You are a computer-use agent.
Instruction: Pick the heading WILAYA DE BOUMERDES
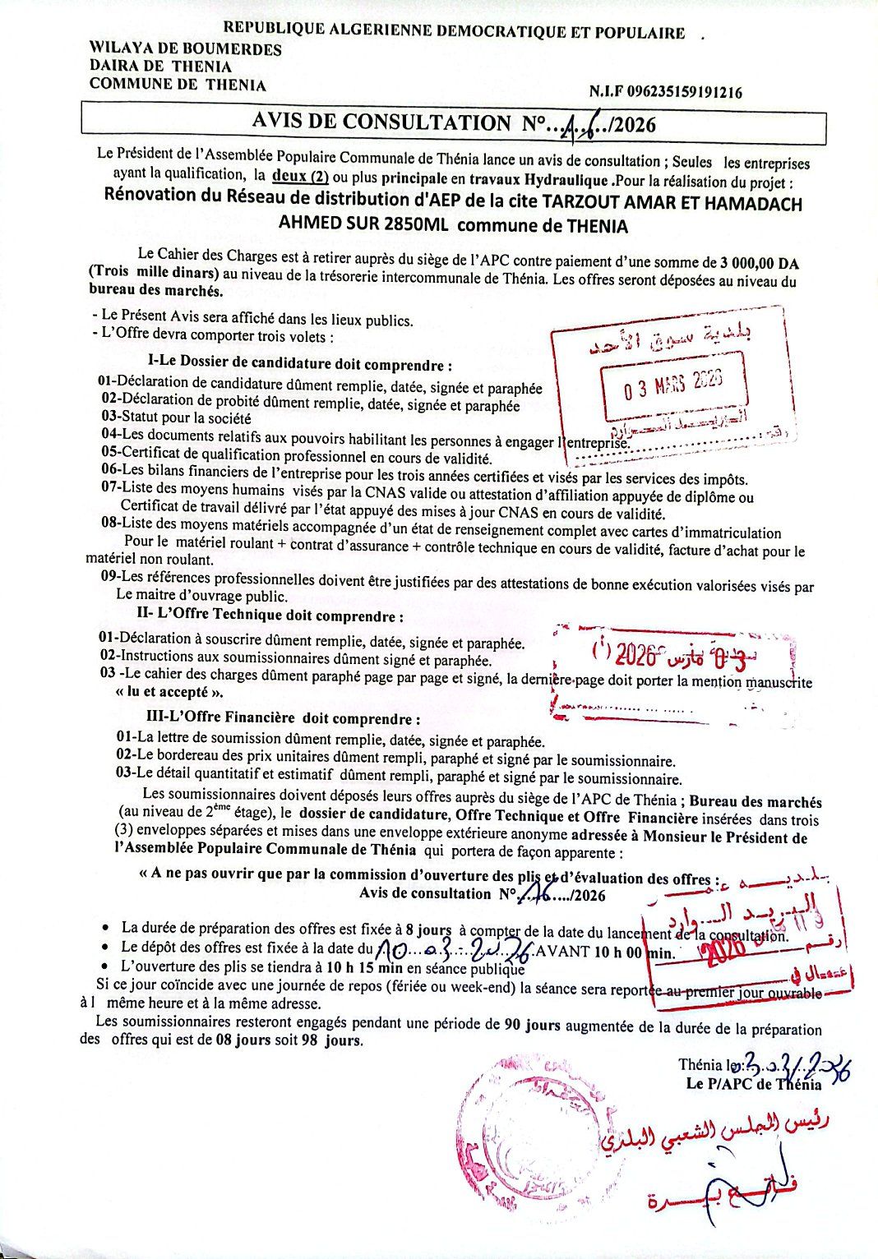(x=185, y=49)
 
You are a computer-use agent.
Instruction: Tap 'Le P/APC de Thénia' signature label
(x=753, y=1083)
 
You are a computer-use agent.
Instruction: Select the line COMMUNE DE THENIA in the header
(x=178, y=84)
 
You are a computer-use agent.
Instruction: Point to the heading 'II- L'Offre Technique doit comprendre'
(x=270, y=616)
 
